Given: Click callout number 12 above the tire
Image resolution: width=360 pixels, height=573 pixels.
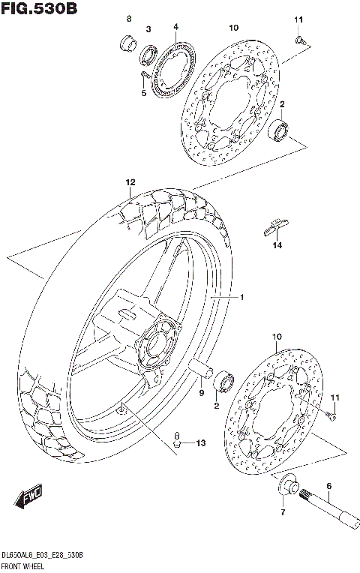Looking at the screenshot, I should point(130,182).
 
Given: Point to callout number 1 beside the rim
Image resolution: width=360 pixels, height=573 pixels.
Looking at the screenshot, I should point(242,298).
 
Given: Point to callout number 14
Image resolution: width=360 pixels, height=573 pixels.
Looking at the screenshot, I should point(277,244).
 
